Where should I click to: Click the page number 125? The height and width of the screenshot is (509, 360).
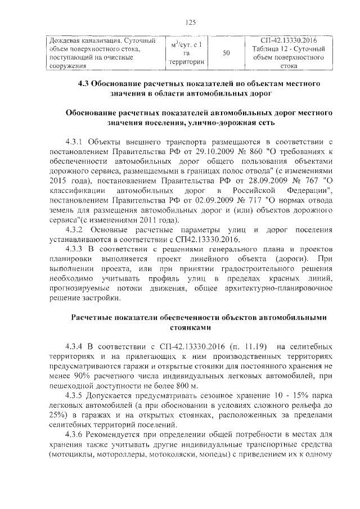tap(190, 22)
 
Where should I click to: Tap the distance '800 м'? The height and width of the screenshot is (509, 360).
tap(183, 386)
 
